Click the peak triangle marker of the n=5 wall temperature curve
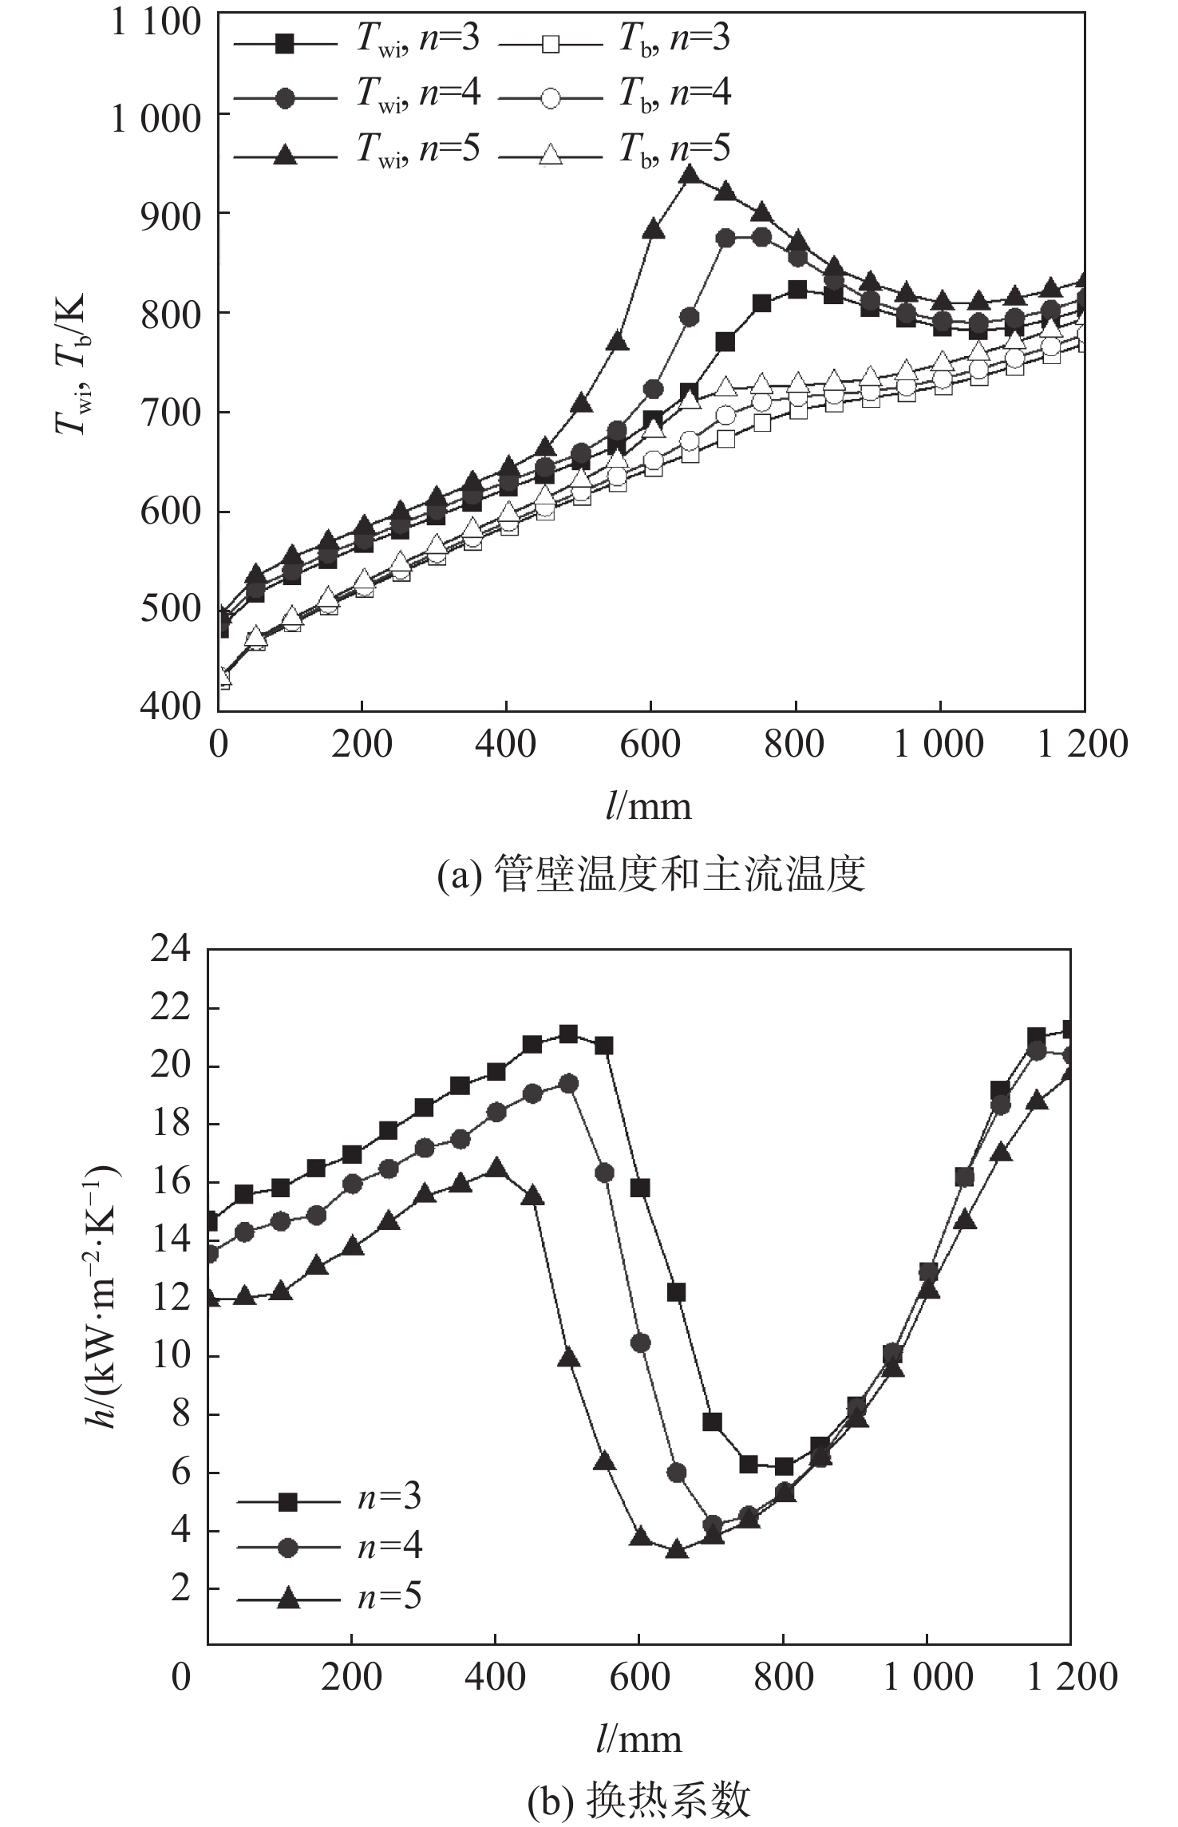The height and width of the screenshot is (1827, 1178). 690,175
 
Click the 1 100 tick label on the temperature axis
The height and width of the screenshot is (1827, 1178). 156,22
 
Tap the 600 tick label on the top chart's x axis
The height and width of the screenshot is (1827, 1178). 650,745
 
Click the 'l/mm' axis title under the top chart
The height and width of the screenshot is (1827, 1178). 648,807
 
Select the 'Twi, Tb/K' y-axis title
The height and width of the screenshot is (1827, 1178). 73,364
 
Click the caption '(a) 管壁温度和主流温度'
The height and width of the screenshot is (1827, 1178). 651,874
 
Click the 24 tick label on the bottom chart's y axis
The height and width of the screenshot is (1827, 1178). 171,950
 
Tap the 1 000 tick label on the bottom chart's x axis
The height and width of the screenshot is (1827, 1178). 927,1676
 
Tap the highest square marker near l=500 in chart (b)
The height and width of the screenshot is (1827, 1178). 568,1034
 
